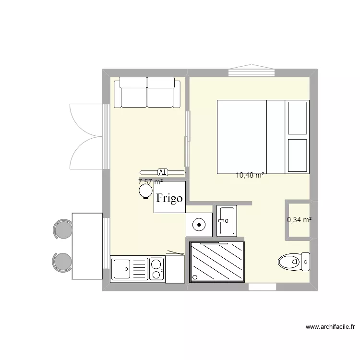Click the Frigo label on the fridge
(x=170, y=198)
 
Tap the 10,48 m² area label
(x=250, y=176)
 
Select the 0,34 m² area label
(x=299, y=220)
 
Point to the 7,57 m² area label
(x=150, y=182)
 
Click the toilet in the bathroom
(x=294, y=262)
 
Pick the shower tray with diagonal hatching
(x=217, y=262)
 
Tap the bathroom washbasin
(x=226, y=220)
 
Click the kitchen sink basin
(x=122, y=269)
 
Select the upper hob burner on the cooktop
(x=156, y=264)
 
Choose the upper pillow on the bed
(x=297, y=118)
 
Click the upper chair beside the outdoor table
(x=62, y=229)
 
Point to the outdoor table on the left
(x=87, y=246)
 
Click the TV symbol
(x=162, y=171)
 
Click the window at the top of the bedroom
(x=251, y=72)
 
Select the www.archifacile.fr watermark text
(x=330, y=327)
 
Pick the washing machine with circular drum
(x=199, y=224)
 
